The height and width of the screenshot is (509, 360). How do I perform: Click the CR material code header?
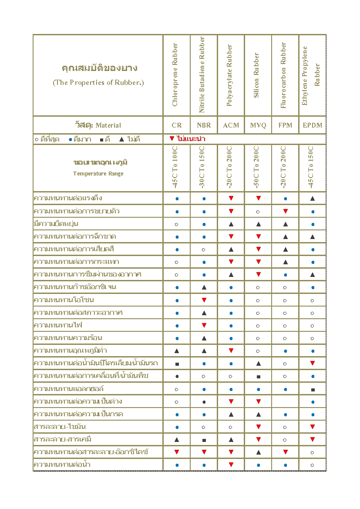click(177, 125)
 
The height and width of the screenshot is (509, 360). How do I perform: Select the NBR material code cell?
click(204, 125)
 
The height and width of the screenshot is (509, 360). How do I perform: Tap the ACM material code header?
click(231, 125)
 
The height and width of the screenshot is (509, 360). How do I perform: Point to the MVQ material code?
click(258, 125)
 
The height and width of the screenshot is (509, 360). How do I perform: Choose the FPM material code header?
click(285, 125)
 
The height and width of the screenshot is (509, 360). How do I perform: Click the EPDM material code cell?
click(313, 125)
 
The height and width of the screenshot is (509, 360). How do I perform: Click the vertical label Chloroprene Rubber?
click(175, 75)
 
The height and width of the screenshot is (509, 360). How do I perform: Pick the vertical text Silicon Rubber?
click(257, 75)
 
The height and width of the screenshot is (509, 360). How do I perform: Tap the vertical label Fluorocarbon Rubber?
click(284, 75)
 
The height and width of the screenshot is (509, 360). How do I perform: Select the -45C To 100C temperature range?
click(175, 168)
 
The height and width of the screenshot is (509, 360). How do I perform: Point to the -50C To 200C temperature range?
click(257, 168)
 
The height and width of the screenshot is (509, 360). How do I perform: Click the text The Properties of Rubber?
click(98, 83)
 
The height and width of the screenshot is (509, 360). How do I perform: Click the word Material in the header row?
click(108, 125)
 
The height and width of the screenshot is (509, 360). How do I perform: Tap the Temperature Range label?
click(98, 174)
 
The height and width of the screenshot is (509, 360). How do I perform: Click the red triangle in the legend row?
click(172, 139)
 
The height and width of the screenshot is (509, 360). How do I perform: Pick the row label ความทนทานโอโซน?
click(64, 300)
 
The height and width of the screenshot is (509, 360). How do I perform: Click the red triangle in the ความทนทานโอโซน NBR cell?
click(204, 300)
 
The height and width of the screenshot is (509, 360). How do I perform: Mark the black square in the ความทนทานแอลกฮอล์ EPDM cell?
click(313, 389)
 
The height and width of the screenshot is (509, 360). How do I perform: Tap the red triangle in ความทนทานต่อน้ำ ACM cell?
click(231, 465)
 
